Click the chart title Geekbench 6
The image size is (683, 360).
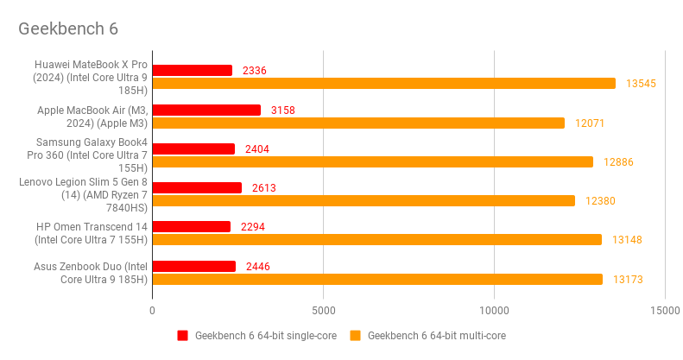[x=68, y=28]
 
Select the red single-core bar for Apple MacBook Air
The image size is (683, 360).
[x=206, y=110]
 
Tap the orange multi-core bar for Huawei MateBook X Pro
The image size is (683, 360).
[x=383, y=84]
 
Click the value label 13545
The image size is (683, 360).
[x=642, y=84]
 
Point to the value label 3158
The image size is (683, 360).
[x=283, y=110]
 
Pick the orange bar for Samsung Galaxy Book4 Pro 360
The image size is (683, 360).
[x=372, y=161]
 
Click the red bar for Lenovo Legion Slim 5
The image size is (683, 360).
[x=197, y=187]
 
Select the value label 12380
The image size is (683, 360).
[x=601, y=200]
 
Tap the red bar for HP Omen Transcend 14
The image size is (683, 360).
[x=192, y=226]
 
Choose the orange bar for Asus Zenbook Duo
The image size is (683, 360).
[x=377, y=279]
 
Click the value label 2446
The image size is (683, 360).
[x=257, y=266]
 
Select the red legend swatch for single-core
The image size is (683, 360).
[x=182, y=335]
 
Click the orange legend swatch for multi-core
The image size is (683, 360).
[x=355, y=335]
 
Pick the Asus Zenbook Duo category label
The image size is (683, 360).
[x=92, y=272]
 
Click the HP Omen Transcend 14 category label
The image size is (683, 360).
[x=92, y=233]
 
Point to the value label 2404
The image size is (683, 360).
[x=257, y=148]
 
